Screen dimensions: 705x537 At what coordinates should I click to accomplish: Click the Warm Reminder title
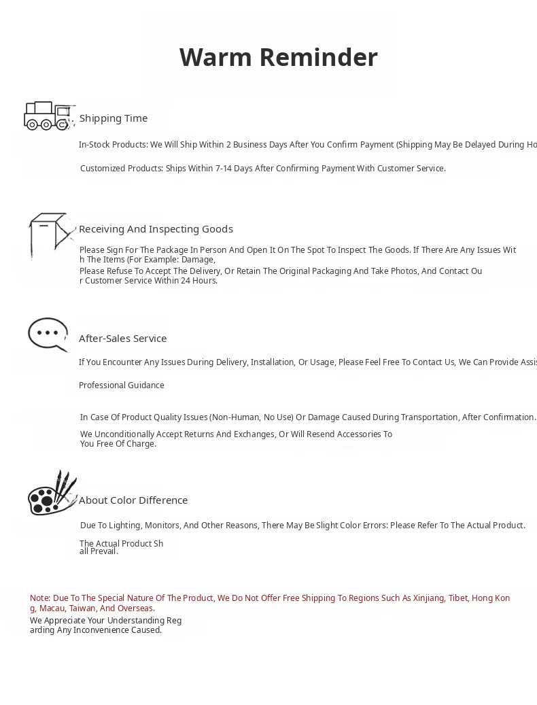(x=278, y=58)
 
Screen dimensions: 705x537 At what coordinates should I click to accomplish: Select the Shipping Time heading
(x=114, y=118)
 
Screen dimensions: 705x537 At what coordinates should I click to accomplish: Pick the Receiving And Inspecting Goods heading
(x=156, y=229)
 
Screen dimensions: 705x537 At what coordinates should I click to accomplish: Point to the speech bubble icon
(x=48, y=334)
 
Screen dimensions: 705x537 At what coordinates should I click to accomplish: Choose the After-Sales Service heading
(x=122, y=339)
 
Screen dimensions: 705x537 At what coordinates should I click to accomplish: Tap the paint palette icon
(x=52, y=494)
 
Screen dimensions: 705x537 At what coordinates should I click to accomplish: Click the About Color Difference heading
(x=133, y=500)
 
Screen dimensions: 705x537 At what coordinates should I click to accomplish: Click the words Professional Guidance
(x=122, y=385)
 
